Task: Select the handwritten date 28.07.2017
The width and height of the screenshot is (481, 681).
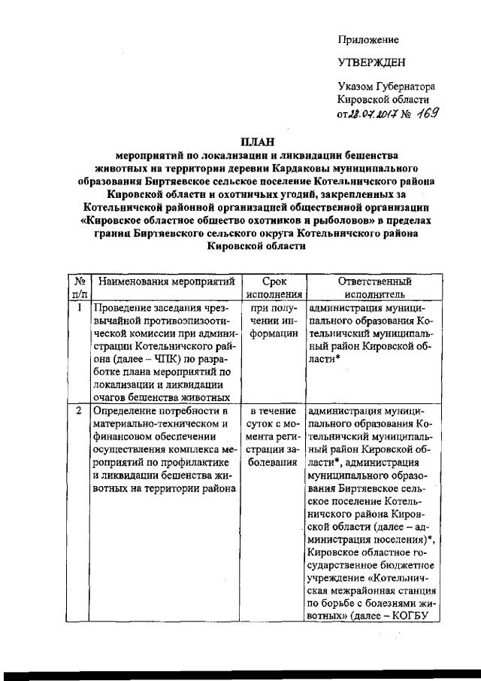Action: pyautogui.click(x=371, y=114)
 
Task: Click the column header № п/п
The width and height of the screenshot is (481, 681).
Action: pyautogui.click(x=79, y=287)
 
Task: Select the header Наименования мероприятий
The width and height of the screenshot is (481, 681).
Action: pyautogui.click(x=165, y=281)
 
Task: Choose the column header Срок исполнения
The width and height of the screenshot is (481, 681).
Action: pyautogui.click(x=269, y=287)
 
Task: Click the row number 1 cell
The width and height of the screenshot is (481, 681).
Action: pyautogui.click(x=79, y=308)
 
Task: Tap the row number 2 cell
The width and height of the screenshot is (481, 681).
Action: pyautogui.click(x=79, y=412)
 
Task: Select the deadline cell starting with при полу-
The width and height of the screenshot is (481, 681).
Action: pyautogui.click(x=269, y=320)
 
